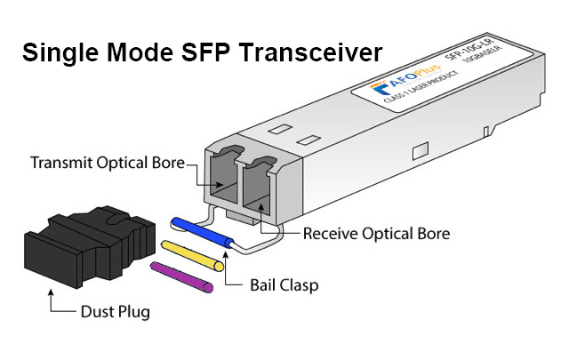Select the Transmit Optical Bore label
tap(108, 164)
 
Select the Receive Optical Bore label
tap(376, 234)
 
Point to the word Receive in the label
tap(331, 234)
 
